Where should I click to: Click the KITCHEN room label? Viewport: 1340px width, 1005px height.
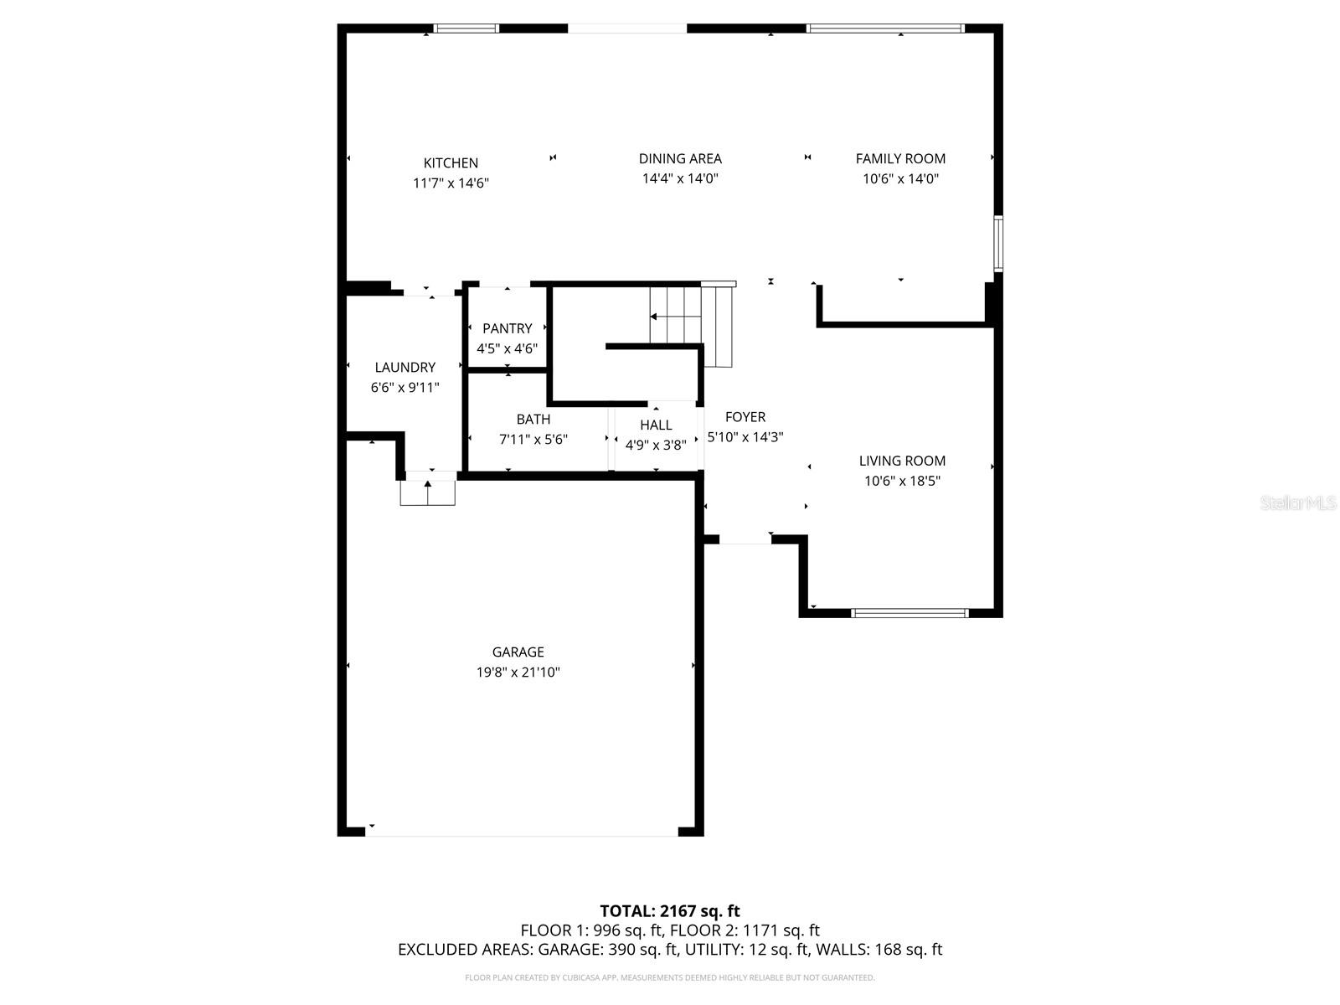451,163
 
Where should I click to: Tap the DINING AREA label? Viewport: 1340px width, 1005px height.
680,158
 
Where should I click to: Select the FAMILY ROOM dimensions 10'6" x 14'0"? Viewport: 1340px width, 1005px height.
900,178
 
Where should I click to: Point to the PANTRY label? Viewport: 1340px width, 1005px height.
507,328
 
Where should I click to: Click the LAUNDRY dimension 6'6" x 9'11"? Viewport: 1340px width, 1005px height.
405,388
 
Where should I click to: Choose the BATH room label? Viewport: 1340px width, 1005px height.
533,420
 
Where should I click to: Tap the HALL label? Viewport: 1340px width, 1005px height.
656,425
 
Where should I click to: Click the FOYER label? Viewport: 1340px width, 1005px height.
745,417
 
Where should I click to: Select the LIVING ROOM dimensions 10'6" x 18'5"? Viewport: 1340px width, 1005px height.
902,481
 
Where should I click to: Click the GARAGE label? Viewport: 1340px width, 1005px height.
518,652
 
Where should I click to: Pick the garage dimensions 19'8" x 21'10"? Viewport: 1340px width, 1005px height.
518,673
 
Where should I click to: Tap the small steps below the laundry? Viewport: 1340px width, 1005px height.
427,492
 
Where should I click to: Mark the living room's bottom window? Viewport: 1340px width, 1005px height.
910,613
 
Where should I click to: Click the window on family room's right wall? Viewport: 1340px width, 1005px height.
998,244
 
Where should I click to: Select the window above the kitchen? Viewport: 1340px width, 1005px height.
466,28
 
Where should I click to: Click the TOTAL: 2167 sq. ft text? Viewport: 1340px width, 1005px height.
669,911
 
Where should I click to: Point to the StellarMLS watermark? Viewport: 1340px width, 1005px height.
1297,503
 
